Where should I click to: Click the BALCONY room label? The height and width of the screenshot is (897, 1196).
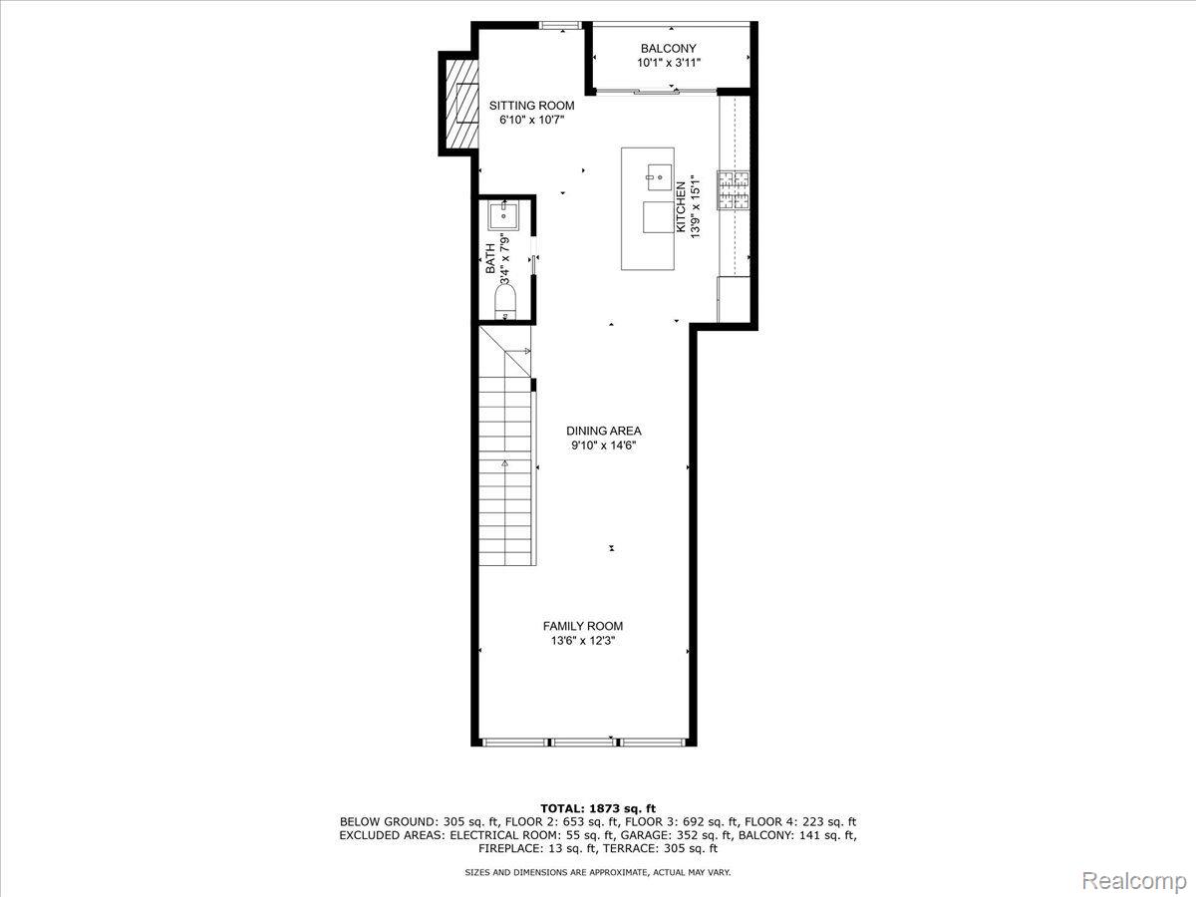[668, 49]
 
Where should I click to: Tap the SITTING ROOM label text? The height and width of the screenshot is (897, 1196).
[531, 106]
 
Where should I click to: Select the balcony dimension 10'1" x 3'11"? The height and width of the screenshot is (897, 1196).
[669, 63]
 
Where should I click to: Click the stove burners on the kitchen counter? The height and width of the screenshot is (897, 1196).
[733, 190]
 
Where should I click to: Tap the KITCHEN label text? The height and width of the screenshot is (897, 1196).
[681, 207]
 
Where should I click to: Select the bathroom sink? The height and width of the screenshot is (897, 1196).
[503, 216]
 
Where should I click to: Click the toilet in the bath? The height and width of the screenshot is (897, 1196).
[505, 303]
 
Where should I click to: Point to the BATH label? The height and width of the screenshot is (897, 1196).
[490, 259]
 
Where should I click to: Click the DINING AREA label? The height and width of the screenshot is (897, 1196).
[604, 431]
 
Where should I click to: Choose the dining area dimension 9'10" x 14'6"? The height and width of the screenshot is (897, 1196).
[604, 446]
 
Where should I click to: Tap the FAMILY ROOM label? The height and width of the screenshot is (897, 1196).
[582, 626]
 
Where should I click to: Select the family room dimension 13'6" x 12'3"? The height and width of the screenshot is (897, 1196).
[582, 641]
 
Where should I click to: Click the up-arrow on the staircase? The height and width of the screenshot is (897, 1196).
[504, 463]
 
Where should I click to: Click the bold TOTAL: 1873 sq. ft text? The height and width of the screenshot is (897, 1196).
[598, 808]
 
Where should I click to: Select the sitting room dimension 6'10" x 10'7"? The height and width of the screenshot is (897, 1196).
[531, 120]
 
